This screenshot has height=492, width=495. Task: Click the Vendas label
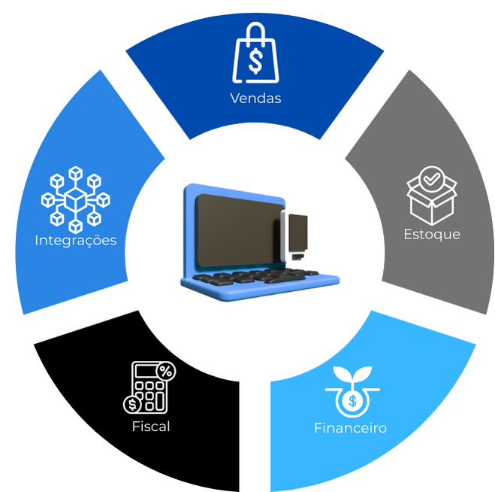tap(255, 98)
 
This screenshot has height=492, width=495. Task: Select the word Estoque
tap(431, 234)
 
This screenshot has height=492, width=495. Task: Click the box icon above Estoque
tap(431, 195)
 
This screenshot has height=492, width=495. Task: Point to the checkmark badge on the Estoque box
tap(431, 180)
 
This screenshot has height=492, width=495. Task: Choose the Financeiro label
tap(350, 428)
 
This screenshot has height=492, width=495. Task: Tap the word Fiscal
tap(151, 427)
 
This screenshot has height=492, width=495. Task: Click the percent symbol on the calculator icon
tap(164, 371)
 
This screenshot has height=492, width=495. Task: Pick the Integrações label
tap(75, 241)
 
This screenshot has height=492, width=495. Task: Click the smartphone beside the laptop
tap(297, 236)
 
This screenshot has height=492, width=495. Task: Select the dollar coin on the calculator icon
tap(132, 404)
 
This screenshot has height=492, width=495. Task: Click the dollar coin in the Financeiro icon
tap(350, 401)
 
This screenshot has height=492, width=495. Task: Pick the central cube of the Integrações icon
tap(75, 200)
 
